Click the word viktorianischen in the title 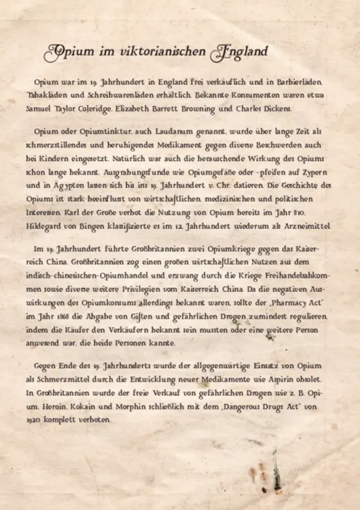(x=151, y=53)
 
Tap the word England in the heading (x=238, y=53)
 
